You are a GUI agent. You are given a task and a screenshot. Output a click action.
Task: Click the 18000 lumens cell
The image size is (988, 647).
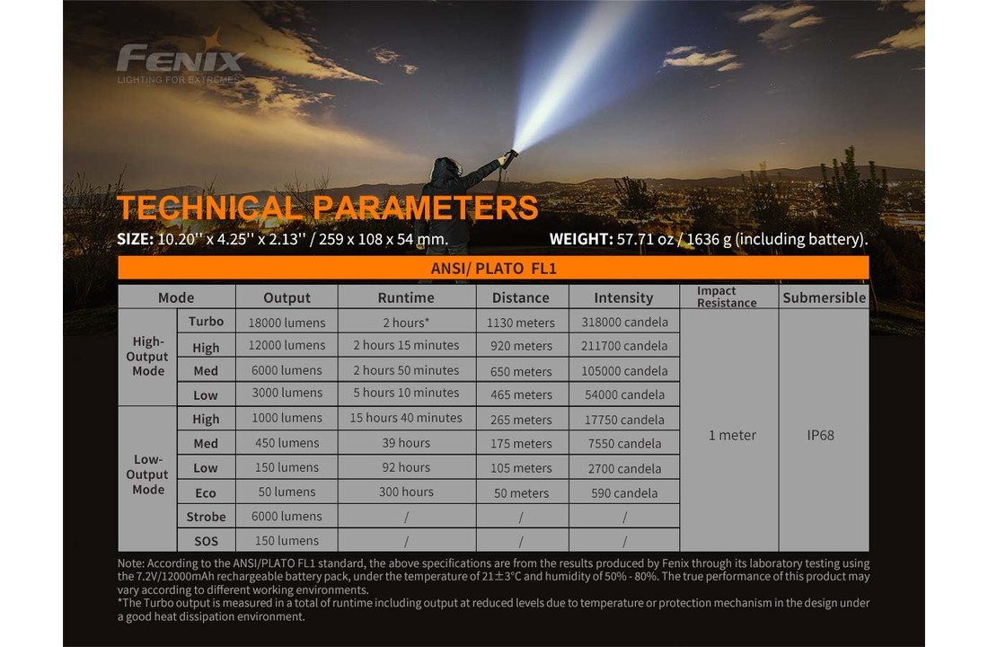pos(287,323)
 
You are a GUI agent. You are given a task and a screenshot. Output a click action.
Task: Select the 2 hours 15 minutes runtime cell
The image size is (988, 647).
pos(406,346)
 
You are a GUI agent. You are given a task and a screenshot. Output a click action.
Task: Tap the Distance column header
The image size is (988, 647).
pos(520,297)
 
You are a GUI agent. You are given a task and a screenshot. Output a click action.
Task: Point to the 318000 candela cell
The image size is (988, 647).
pos(624,323)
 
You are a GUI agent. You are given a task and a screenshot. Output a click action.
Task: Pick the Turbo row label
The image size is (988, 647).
pos(206,321)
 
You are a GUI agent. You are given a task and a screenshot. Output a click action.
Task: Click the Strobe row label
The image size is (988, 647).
pos(206,517)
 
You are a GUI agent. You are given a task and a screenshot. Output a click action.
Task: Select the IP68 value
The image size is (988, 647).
pos(820,435)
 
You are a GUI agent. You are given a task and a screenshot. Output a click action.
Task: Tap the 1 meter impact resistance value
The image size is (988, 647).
pos(732,435)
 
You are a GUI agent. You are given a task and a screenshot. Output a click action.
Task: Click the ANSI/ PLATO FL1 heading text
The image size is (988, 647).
pos(493,269)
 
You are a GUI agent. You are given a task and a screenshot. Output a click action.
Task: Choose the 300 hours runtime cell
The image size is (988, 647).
pos(406,492)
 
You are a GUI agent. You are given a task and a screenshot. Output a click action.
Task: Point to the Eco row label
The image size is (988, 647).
pos(206,492)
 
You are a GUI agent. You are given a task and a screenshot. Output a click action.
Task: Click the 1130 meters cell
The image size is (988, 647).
pos(520,323)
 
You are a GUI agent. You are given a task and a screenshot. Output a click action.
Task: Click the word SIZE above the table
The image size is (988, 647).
pos(135,239)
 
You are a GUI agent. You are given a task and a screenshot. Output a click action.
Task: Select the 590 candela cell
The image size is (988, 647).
pos(624,493)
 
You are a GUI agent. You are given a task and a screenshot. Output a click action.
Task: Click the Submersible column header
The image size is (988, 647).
pos(825,297)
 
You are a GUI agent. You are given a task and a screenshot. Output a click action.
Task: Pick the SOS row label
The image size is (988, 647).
pos(206,541)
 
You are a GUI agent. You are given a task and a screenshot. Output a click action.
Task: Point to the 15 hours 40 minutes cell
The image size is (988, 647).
pos(406,418)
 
